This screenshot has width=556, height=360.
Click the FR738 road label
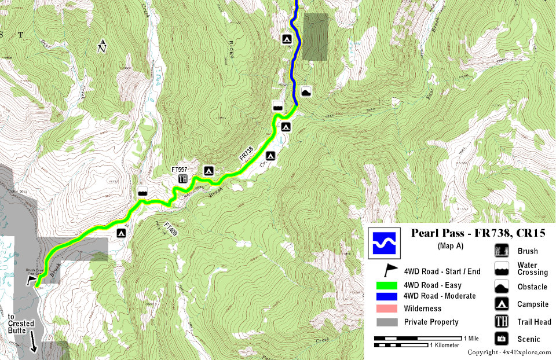point(246,154)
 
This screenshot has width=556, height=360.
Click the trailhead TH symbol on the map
point(183,179)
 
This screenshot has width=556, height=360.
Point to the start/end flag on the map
point(31,280)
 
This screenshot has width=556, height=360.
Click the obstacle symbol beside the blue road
point(306,90)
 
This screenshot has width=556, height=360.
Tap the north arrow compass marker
point(103,46)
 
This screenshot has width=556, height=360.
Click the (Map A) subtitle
point(447,245)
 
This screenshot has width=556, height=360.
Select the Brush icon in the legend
point(501,251)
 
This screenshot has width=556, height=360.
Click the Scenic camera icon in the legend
point(501,339)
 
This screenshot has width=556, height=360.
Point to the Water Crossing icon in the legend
point(501,269)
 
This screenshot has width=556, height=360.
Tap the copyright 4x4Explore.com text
point(509,352)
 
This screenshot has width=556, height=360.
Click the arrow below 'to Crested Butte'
point(32,344)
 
